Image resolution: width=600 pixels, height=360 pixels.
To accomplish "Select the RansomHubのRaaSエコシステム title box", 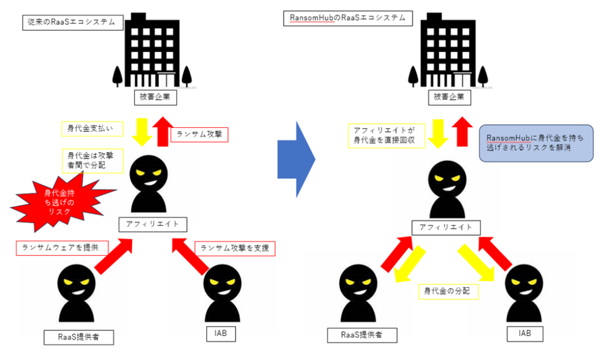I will point(348,18).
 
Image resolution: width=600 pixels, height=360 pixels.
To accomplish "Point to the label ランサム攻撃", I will point(199,135).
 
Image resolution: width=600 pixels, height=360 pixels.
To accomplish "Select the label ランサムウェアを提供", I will point(62,247).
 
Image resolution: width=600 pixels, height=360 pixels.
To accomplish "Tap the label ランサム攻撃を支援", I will point(236,248).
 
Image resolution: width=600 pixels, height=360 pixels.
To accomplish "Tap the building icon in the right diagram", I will point(448,49).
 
